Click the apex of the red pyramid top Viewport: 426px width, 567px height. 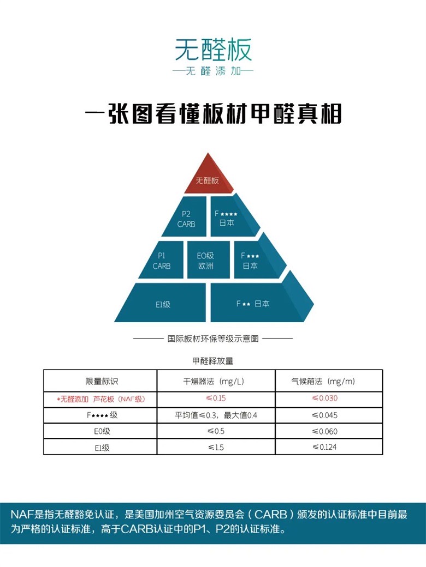click(208, 153)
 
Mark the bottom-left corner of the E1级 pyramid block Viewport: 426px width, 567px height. click(115, 322)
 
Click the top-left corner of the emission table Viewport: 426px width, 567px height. click(44, 370)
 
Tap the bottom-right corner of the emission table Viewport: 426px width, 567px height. click(382, 454)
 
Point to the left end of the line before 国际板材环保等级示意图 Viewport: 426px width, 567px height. click(133, 339)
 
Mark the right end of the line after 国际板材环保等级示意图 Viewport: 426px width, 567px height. click(292, 339)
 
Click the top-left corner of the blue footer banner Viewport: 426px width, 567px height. click(0, 503)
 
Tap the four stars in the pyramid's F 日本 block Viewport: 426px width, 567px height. click(229, 214)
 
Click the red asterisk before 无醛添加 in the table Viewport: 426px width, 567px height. click(58, 400)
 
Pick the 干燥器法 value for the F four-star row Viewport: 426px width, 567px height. click(216, 415)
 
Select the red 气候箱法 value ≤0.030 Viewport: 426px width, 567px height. click(324, 398)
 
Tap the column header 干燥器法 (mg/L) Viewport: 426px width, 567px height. click(214, 381)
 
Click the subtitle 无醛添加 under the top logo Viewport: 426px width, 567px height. click(214, 71)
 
